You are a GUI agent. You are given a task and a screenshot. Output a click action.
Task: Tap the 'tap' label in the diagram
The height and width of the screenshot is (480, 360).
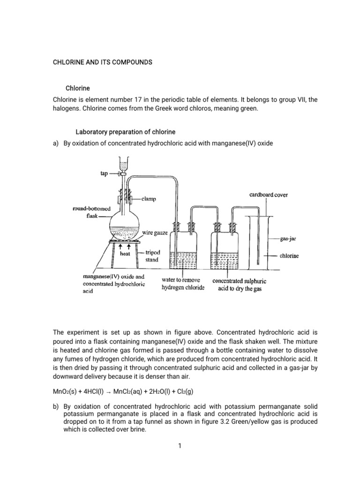pos(104,173)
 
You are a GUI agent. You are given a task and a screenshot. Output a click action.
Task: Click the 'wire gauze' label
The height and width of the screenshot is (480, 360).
pos(154,232)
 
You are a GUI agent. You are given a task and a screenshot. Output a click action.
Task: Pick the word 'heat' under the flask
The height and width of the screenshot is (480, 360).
pos(125,254)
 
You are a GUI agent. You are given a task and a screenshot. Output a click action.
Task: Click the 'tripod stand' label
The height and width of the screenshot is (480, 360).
pos(152,256)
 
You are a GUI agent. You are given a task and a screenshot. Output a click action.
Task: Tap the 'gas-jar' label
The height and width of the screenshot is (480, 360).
pos(288,239)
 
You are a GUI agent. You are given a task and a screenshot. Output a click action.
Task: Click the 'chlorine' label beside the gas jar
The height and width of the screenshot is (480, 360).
pos(289,256)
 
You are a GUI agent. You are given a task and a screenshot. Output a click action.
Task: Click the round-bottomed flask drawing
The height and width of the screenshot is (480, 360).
pos(124,224)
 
